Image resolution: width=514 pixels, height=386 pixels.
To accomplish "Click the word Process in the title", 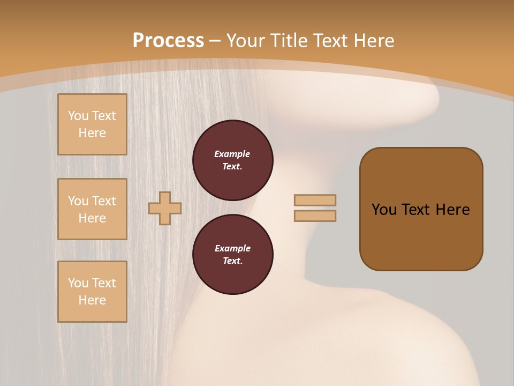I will point(168,40).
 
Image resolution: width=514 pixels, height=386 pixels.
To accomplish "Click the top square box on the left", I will point(92,124).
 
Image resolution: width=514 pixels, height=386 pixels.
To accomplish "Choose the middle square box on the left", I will point(92,209).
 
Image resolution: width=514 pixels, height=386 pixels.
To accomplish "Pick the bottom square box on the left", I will point(92,292).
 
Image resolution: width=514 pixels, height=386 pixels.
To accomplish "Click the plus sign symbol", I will point(165,208).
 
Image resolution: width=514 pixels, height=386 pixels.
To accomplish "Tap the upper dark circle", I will point(233,160).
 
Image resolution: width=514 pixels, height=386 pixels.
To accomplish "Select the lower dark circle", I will point(233,255).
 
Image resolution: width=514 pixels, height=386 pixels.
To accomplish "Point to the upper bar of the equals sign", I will point(315,200).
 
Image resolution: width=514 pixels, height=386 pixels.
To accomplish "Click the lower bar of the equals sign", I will point(315,216).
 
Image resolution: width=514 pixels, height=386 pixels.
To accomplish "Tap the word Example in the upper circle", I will point(232,154).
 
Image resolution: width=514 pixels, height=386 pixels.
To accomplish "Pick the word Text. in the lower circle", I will point(232,261).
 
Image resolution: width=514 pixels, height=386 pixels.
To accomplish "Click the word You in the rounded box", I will point(384,210).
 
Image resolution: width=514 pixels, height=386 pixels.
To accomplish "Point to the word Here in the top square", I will point(92,133).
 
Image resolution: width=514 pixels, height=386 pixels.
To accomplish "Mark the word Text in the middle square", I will point(104,201).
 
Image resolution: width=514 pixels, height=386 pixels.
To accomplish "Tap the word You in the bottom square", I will point(78,283).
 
